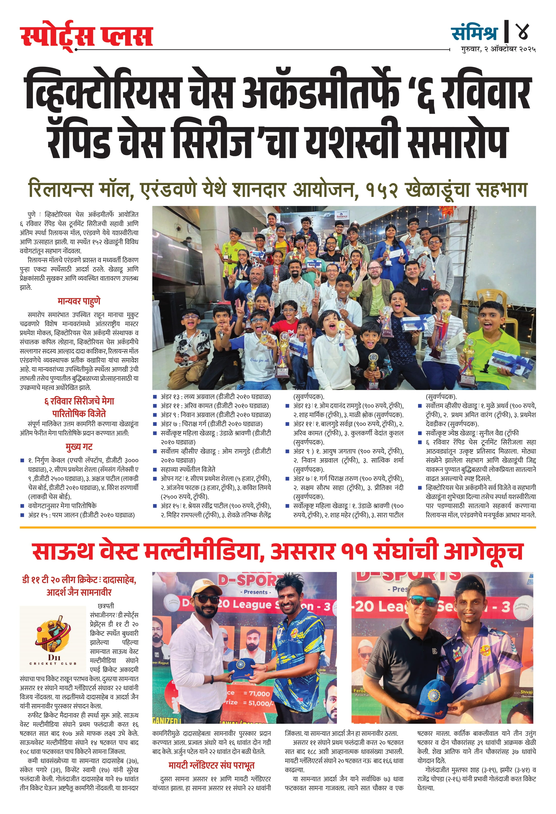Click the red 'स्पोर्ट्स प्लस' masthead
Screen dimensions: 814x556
(x=86, y=36)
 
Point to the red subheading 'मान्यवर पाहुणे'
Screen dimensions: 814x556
(x=79, y=301)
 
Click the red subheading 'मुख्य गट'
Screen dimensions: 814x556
(x=79, y=447)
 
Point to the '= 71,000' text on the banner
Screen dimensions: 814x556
(x=256, y=694)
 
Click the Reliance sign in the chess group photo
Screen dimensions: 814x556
(x=342, y=216)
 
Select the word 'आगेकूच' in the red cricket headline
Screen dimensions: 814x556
(x=483, y=552)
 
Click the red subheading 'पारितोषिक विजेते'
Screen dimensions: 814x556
(x=79, y=414)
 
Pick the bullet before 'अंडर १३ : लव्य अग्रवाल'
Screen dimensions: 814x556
(x=155, y=397)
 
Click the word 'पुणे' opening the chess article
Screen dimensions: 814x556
(x=32, y=214)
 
